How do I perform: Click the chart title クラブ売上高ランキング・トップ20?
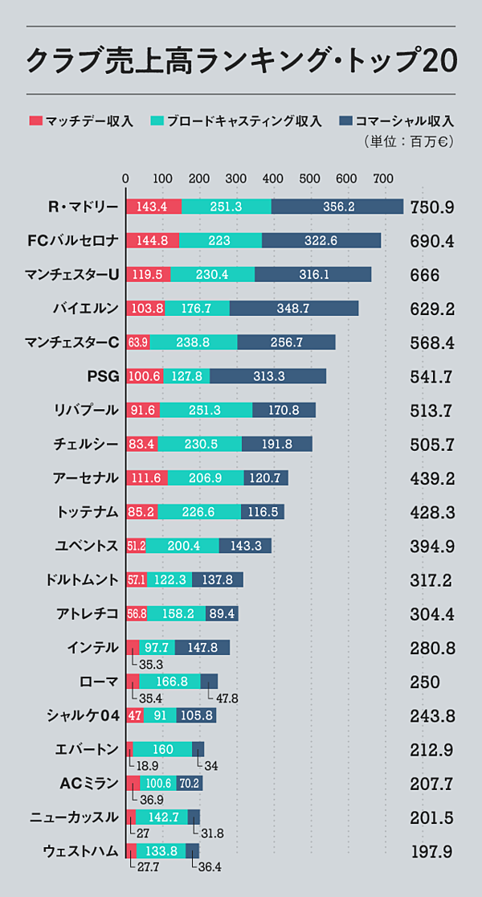pyautogui.click(x=242, y=60)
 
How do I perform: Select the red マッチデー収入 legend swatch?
pyautogui.click(x=35, y=121)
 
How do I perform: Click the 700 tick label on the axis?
pyautogui.click(x=383, y=178)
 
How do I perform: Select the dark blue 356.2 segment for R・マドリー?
pyautogui.click(x=337, y=207)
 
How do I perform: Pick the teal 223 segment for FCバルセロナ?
pyautogui.click(x=220, y=240)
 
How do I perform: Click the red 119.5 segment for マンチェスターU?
pyautogui.click(x=149, y=275)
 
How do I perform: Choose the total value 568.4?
pyautogui.click(x=431, y=343)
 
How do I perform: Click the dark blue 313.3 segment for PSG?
pyautogui.click(x=268, y=376)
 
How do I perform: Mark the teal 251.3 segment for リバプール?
pyautogui.click(x=206, y=410)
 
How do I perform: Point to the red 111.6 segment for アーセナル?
pyautogui.click(x=145, y=478)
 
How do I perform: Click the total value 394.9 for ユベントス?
pyautogui.click(x=431, y=547)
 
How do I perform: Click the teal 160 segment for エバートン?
pyautogui.click(x=162, y=749)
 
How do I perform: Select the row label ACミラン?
pyautogui.click(x=89, y=783)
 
